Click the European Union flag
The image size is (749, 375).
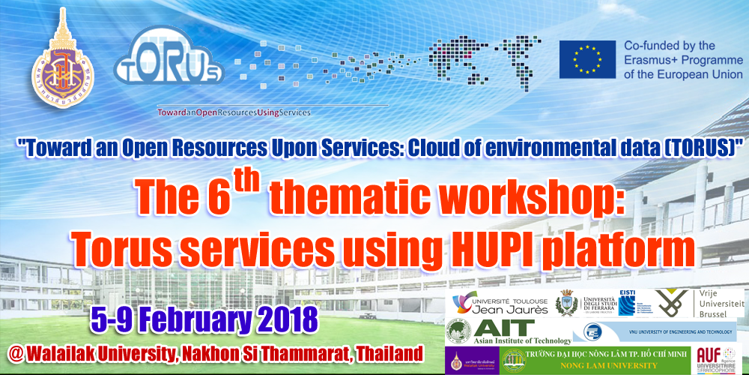click(x=587, y=60)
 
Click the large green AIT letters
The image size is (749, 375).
click(x=504, y=328)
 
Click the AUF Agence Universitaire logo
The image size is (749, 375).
click(x=719, y=358)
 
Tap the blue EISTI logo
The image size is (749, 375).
click(x=627, y=301)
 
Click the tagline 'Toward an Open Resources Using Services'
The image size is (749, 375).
click(x=233, y=112)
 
